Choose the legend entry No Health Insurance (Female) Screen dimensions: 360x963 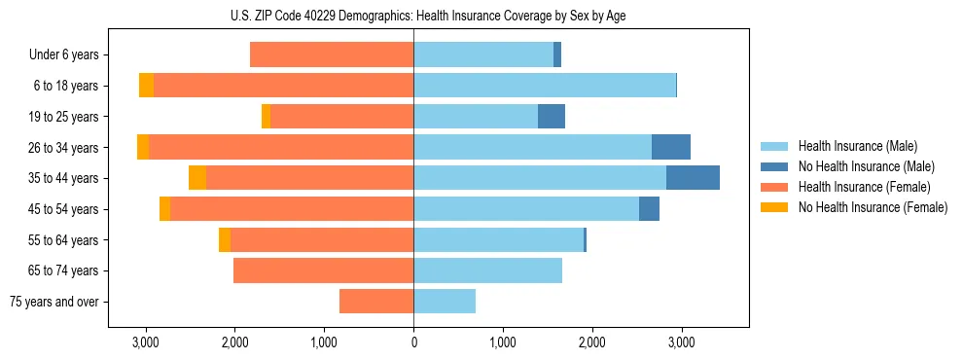pos(872,207)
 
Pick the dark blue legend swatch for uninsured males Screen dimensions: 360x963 pos(775,166)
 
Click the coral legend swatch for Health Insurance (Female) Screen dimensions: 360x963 pos(775,187)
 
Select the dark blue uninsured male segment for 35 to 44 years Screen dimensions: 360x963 pos(693,178)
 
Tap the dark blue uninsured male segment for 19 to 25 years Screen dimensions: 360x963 pos(552,117)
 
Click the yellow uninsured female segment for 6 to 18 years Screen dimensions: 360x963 pos(146,86)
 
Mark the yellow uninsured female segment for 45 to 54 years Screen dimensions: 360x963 pos(164,209)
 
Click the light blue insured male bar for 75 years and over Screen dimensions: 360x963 pos(445,302)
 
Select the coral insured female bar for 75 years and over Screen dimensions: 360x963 pos(376,302)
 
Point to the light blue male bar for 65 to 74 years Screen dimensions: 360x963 pos(487,270)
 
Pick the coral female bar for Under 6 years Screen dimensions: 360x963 pos(332,55)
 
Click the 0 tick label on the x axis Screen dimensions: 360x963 pos(413,342)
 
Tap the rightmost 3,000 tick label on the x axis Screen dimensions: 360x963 pos(681,342)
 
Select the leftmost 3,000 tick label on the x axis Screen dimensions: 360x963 pos(146,342)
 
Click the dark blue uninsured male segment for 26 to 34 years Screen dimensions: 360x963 pos(671,148)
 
